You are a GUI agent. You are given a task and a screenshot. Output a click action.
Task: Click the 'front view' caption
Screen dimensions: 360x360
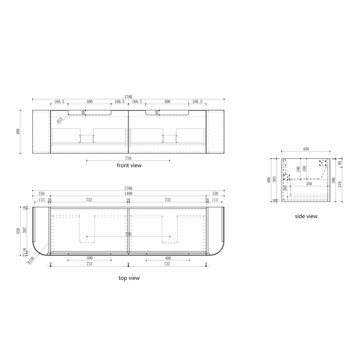click(129, 165)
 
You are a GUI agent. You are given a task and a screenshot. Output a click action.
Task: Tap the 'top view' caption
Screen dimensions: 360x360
click(129, 278)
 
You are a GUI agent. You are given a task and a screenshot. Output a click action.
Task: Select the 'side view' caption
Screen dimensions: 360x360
click(306, 216)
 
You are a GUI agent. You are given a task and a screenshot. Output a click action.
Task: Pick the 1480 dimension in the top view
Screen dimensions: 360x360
click(128, 194)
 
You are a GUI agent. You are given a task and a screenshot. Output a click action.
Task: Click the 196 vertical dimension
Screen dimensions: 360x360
click(298, 169)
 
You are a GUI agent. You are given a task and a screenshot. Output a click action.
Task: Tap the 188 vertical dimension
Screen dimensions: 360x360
click(304, 169)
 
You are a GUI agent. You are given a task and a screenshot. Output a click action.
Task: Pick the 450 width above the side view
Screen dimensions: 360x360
click(306, 149)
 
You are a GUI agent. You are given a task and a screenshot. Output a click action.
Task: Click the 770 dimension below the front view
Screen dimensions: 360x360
click(128, 158)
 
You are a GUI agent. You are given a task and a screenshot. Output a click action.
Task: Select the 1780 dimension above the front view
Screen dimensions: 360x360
click(128, 97)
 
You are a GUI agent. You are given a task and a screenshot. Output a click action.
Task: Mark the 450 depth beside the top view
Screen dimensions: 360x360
click(18, 231)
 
